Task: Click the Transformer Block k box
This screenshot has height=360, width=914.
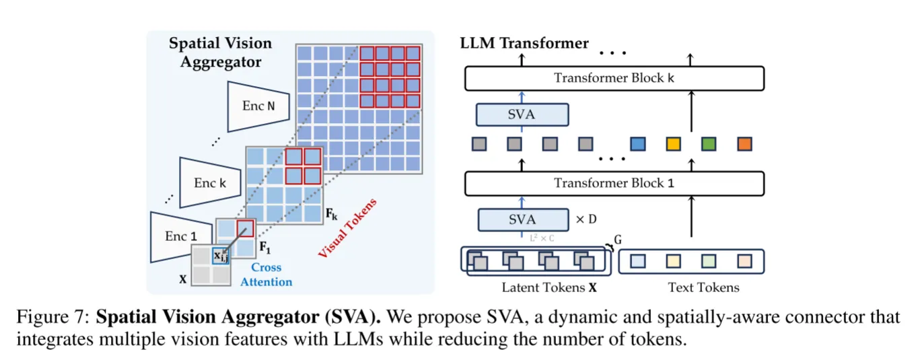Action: coord(614,78)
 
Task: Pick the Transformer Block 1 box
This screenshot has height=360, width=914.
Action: coord(614,183)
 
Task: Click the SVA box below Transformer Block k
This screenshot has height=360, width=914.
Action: coord(522,114)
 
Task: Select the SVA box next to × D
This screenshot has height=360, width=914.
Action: coord(522,219)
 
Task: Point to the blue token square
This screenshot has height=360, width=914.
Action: coord(637,143)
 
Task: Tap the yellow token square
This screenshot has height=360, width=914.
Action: coord(673,143)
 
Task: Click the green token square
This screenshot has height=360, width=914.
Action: coord(708,143)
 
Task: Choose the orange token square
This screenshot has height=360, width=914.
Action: coord(744,143)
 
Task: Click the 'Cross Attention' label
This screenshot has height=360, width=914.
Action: coord(266,274)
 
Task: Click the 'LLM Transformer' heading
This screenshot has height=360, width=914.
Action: coord(524,44)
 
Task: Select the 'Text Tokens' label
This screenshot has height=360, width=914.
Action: coord(703,288)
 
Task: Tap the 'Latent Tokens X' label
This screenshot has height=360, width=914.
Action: coord(549,288)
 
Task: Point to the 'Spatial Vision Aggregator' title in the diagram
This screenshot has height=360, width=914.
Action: coord(220,52)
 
